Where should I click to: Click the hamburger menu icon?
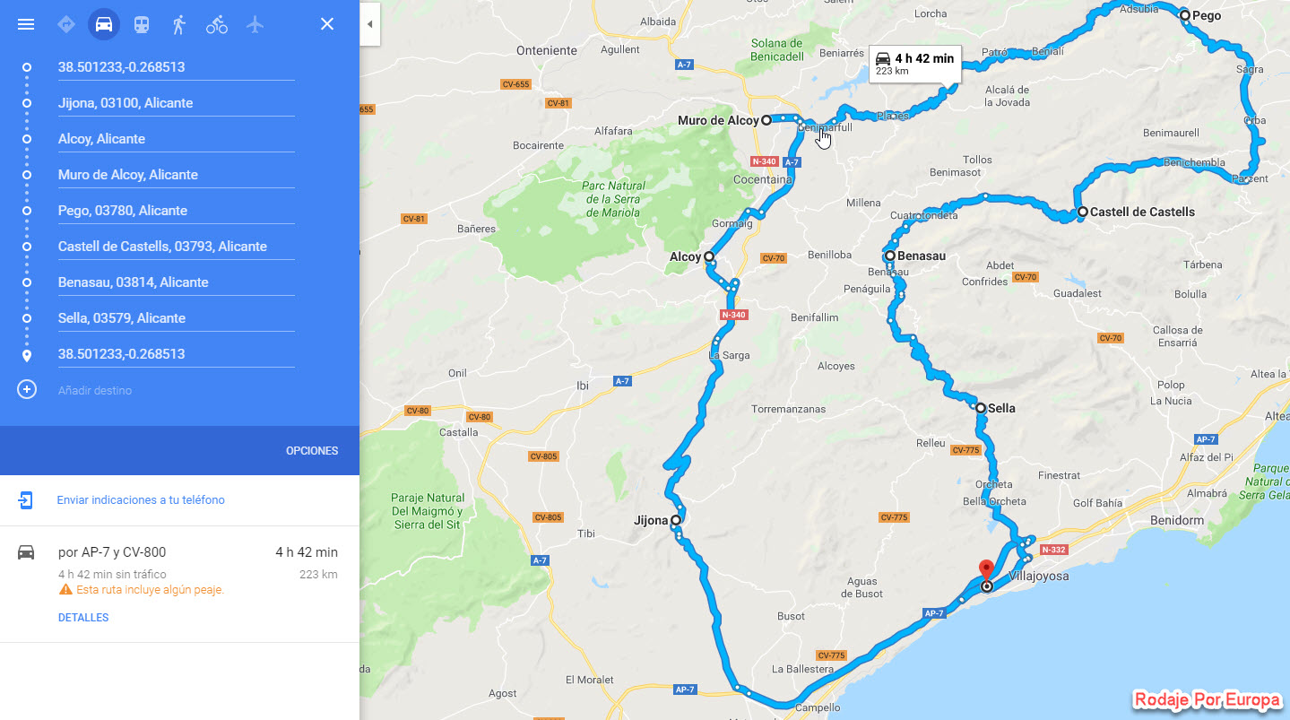[x=26, y=24]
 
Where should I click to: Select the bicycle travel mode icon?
[x=217, y=24]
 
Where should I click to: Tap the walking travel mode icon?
[x=179, y=24]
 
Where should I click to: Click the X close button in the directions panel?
[x=327, y=24]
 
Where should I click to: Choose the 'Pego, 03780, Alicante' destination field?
[x=176, y=211]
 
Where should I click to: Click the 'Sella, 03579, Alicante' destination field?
[x=176, y=318]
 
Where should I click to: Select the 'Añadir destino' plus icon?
[x=27, y=390]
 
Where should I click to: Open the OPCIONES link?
[x=312, y=451]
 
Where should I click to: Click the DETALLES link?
[x=83, y=618]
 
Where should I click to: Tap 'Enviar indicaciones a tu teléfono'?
[x=141, y=500]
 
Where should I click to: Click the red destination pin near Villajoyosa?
[x=986, y=571]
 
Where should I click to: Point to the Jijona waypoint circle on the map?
[x=675, y=520]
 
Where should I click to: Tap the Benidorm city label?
[x=1177, y=521]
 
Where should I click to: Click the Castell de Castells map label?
[x=1142, y=213]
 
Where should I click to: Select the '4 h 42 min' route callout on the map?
[x=914, y=63]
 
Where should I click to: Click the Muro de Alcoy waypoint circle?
[x=766, y=119]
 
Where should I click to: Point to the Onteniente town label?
[x=547, y=51]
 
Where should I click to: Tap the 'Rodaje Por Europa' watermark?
[x=1207, y=700]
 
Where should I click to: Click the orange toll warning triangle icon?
[x=65, y=590]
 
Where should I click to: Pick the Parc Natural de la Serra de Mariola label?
[x=614, y=199]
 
